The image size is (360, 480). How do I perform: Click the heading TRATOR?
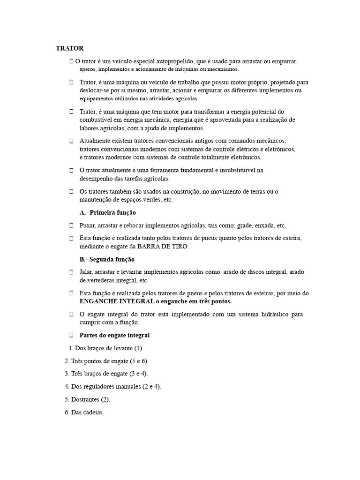point(70,48)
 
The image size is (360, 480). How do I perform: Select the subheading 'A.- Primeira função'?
point(108,212)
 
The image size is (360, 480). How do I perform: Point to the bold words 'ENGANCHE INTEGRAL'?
point(116,301)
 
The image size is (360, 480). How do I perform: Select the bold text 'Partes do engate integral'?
point(114,335)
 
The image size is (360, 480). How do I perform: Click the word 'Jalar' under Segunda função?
point(87,272)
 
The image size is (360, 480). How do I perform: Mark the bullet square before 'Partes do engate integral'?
point(72,335)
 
